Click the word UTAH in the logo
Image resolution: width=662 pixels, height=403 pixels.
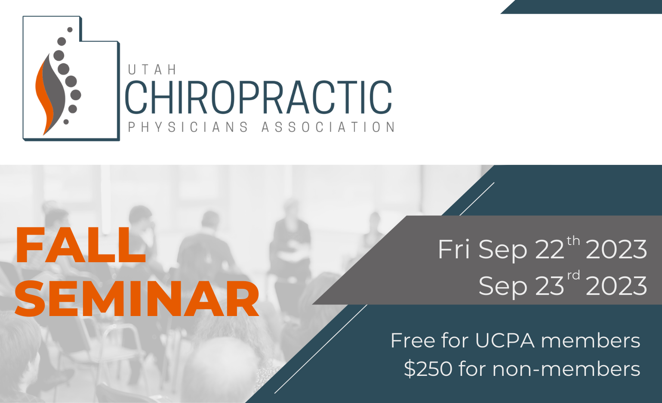[152, 70]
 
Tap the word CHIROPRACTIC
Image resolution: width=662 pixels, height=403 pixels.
[259, 97]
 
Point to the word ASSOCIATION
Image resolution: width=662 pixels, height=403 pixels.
[328, 127]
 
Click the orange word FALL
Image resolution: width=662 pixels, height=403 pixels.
[80, 245]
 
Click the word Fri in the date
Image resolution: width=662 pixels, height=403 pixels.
[454, 249]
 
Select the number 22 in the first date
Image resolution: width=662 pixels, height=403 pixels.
[549, 249]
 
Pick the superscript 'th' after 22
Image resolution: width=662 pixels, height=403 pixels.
[573, 241]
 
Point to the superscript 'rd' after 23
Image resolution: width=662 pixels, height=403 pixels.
[573, 275]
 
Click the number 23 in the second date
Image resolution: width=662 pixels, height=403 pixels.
[549, 285]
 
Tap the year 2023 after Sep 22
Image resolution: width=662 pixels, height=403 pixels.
[616, 249]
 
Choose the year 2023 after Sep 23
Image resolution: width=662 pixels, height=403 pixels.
[616, 285]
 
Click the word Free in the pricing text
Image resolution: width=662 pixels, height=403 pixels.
[413, 341]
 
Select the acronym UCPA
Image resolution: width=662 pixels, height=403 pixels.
[505, 341]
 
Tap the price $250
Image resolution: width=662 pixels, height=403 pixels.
[428, 369]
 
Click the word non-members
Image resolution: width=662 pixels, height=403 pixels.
[566, 369]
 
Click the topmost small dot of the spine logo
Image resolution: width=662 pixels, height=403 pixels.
[70, 30]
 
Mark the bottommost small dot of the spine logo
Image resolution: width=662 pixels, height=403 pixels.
[66, 122]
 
